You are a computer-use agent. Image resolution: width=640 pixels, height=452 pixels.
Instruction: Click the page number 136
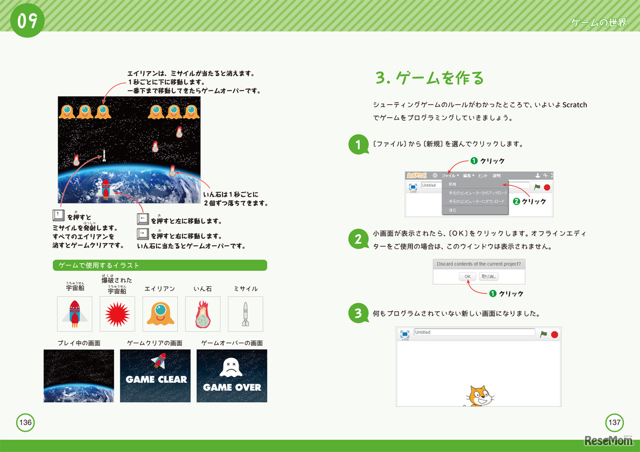(25, 422)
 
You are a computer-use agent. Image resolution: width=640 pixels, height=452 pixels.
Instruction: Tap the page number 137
(614, 422)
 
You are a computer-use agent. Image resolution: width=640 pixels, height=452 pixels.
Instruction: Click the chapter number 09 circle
(27, 21)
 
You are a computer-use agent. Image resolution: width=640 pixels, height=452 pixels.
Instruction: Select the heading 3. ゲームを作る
(430, 78)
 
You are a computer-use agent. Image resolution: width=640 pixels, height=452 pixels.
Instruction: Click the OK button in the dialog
(467, 276)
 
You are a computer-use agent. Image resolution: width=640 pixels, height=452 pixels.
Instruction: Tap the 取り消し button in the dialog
(489, 276)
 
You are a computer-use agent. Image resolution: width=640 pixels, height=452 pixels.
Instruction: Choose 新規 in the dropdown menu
(452, 184)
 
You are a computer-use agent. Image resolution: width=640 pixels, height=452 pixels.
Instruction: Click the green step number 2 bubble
(358, 239)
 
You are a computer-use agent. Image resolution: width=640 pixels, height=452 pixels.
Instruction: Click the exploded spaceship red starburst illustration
(117, 314)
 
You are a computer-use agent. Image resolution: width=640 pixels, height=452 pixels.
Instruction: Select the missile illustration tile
(245, 314)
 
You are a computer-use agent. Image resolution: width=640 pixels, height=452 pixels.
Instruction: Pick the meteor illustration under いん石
(202, 314)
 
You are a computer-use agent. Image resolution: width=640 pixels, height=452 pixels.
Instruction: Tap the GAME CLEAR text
(156, 379)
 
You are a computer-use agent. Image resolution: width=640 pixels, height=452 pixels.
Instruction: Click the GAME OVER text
(232, 387)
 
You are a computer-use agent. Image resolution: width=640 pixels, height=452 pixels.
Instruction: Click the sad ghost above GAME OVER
(231, 367)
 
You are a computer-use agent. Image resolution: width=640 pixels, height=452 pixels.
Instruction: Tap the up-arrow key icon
(58, 216)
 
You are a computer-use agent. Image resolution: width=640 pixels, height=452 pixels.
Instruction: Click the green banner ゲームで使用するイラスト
(160, 265)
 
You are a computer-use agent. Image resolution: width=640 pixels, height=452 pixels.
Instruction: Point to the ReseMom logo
(608, 441)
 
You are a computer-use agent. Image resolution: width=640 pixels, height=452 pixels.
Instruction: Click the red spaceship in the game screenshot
(106, 189)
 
